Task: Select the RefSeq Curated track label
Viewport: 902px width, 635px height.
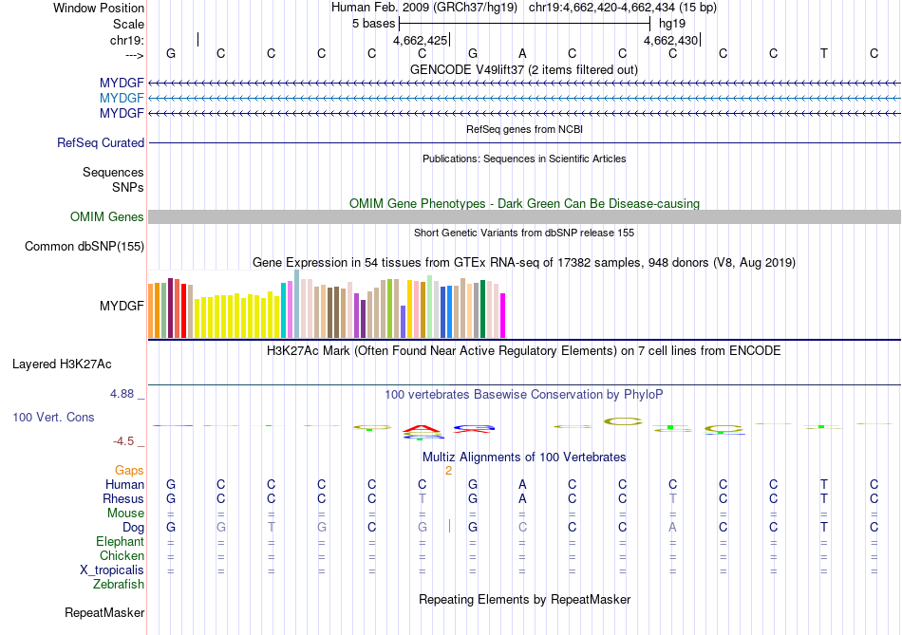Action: coord(101,143)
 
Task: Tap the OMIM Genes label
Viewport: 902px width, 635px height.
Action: coord(107,217)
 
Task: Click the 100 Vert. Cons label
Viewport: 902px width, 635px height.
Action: coord(53,418)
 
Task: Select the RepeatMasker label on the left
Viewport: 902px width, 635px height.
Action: coord(104,613)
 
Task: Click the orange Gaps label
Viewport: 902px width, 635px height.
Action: coord(129,470)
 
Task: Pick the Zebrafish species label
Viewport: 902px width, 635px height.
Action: coord(120,585)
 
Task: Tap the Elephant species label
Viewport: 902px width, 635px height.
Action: coord(121,542)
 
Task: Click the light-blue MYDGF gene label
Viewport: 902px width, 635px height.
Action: coord(122,99)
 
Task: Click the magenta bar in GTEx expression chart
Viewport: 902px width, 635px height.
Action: coord(503,315)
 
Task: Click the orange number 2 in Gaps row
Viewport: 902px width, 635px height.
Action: coord(448,470)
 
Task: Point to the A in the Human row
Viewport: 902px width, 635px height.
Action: coord(522,484)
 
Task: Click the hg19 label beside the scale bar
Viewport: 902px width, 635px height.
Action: coord(671,23)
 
